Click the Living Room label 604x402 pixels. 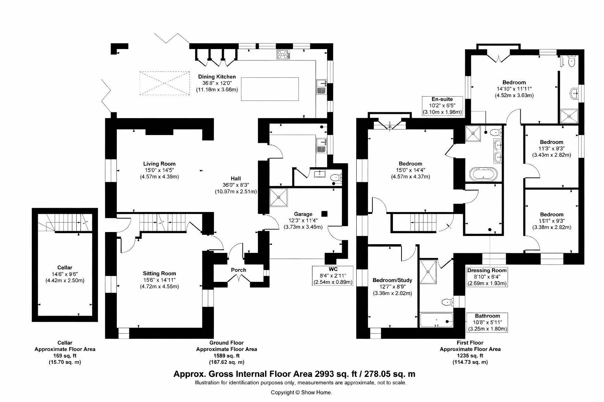click(159, 164)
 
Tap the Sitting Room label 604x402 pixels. click(159, 273)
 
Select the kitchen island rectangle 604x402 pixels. click(269, 90)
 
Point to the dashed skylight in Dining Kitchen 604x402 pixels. click(165, 83)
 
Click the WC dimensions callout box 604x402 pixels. click(333, 276)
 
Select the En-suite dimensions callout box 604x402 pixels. click(442, 106)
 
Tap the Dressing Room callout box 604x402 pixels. click(487, 277)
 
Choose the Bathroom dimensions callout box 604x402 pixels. click(487, 322)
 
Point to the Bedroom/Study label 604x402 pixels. click(392, 280)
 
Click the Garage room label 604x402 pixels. click(303, 214)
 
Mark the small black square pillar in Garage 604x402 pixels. click(324, 214)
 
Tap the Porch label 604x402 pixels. click(238, 270)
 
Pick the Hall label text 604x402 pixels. click(236, 178)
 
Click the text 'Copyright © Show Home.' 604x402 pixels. click(301, 392)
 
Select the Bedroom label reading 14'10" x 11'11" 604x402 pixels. click(514, 82)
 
